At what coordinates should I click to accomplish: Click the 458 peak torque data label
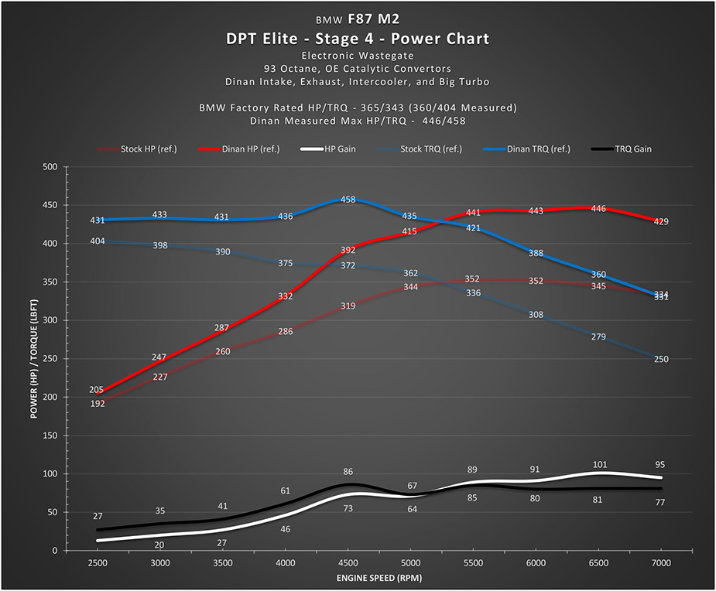(x=348, y=200)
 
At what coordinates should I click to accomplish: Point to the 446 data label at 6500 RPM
(x=598, y=209)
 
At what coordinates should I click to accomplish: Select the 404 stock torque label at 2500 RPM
(x=98, y=241)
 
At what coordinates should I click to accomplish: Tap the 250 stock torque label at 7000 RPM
(x=660, y=359)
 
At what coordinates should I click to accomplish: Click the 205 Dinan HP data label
(x=97, y=390)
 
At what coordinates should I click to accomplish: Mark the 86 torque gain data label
(x=348, y=471)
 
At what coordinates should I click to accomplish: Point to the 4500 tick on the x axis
(x=348, y=563)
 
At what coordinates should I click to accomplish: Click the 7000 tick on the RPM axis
(x=661, y=563)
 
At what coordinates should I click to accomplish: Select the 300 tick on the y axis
(x=51, y=320)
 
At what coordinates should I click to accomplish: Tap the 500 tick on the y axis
(x=51, y=167)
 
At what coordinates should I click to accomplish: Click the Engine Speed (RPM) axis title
(x=379, y=578)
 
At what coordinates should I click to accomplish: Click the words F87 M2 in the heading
(x=375, y=19)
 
